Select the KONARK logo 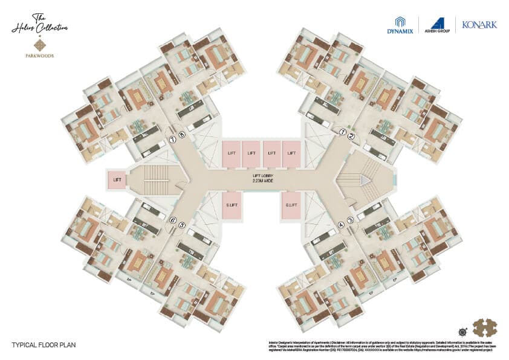(479, 25)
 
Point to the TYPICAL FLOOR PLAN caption (44, 346)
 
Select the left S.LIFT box (232, 205)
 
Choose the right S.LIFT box (291, 205)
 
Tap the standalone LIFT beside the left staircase (117, 180)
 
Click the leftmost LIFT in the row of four (232, 153)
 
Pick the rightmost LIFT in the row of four (291, 153)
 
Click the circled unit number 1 (342, 132)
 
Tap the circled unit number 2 (351, 136)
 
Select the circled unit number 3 (351, 220)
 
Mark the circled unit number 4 (342, 225)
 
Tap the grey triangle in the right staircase (365, 180)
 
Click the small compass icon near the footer (462, 332)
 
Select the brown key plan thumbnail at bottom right (484, 327)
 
